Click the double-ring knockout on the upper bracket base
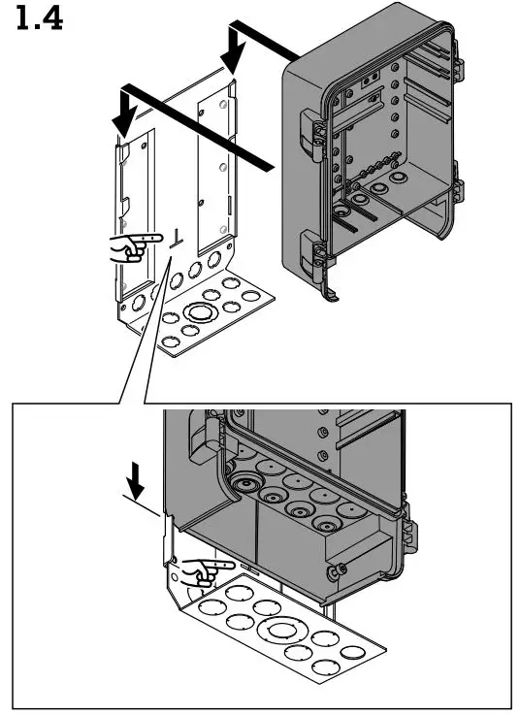[202, 313]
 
